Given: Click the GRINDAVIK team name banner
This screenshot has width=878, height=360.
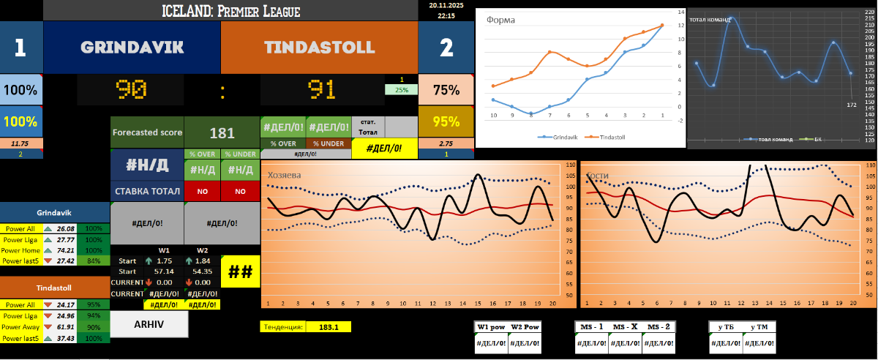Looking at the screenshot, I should coord(132,48).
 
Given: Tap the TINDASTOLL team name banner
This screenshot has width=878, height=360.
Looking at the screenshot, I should coord(319,48).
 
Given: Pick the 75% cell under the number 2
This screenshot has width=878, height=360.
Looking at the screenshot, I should coord(446,89).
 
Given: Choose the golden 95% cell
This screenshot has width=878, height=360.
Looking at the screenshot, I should coord(446,121).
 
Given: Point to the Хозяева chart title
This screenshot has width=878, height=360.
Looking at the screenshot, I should coord(285,175).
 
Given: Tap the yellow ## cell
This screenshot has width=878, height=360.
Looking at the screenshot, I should coord(241,271).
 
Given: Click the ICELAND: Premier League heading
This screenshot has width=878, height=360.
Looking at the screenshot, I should coord(230,11).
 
